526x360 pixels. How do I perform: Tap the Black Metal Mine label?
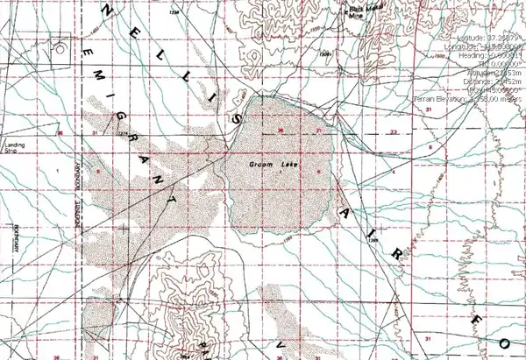click(355, 9)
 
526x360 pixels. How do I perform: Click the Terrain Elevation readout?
click(470, 100)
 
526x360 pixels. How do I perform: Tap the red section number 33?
click(394, 132)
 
